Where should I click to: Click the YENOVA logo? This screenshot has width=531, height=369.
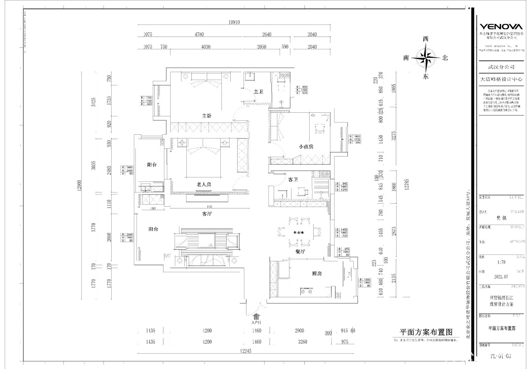click(501, 27)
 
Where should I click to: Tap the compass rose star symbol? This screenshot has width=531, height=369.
click(426, 58)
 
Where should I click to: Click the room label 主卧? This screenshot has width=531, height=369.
click(206, 116)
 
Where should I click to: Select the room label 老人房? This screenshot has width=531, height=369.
click(204, 184)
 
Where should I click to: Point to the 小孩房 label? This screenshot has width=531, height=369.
click(306, 147)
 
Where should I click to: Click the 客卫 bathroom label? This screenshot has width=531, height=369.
click(293, 179)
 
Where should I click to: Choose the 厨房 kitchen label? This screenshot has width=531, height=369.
click(317, 274)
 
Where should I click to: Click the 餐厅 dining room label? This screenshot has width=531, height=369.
click(300, 251)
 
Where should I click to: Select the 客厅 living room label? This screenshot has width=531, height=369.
click(207, 214)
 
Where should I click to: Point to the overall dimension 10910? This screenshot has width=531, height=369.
click(234, 23)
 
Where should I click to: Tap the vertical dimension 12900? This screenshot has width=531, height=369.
click(79, 186)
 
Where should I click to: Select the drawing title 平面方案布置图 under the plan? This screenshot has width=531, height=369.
click(426, 332)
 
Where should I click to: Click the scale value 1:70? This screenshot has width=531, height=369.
click(501, 262)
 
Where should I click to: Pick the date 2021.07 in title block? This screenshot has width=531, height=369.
click(501, 277)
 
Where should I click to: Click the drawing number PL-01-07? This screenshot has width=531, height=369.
click(501, 356)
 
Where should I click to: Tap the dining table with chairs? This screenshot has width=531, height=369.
click(299, 233)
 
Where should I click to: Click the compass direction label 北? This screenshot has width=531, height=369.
click(445, 58)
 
